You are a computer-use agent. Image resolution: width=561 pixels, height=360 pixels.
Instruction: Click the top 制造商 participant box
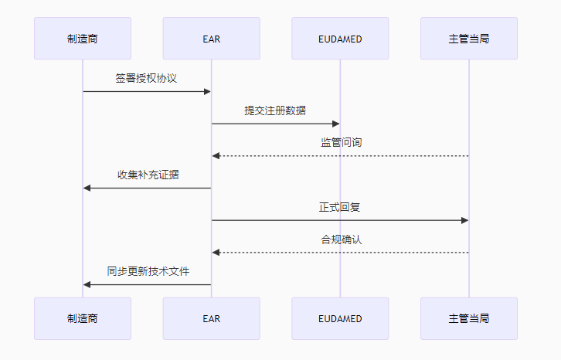83,39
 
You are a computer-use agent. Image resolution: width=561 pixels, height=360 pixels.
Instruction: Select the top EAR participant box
211,39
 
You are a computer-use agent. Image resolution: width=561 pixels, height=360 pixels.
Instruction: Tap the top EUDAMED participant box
340,39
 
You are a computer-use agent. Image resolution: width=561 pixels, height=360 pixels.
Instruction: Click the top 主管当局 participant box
468,39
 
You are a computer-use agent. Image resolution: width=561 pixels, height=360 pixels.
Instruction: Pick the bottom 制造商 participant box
83,318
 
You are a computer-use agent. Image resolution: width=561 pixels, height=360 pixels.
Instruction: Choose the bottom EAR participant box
211,318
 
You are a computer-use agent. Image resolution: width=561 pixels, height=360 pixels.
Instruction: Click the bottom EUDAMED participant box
340,318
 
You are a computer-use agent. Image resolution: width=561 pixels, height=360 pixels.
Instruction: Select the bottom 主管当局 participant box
468,318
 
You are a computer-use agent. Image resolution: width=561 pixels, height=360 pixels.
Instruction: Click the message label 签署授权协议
147,78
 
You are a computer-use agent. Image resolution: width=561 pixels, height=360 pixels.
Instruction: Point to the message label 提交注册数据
275,110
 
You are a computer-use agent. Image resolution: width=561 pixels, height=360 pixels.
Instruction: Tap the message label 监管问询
340,143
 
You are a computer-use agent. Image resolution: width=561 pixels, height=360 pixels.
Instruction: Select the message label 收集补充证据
147,175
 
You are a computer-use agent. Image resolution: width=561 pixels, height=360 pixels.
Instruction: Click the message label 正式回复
340,207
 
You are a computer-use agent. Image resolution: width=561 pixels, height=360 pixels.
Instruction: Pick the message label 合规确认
340,239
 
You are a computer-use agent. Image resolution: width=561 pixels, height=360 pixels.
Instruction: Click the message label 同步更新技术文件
147,271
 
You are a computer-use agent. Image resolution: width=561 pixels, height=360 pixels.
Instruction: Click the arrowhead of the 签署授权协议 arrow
207,92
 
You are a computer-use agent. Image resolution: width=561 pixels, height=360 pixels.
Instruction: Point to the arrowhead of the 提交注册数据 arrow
335,124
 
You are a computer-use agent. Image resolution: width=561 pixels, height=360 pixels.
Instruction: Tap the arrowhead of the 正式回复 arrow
464,220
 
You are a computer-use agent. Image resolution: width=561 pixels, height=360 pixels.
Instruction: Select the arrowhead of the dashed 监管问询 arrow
216,156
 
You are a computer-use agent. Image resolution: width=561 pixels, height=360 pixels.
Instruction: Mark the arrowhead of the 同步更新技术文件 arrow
87,284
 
